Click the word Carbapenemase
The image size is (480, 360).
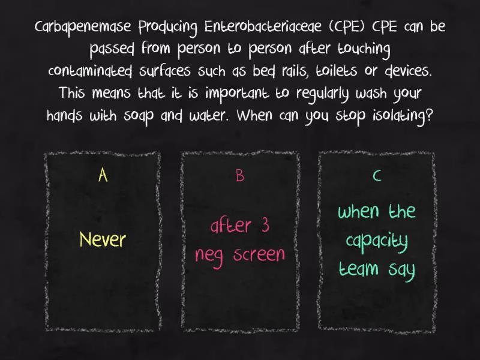click(x=83, y=28)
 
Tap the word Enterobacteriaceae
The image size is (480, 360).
click(x=263, y=26)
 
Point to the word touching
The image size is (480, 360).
click(x=364, y=50)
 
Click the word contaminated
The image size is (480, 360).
click(x=91, y=71)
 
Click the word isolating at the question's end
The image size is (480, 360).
click(x=403, y=116)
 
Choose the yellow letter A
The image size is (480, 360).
click(x=103, y=175)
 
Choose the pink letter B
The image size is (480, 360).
click(x=240, y=176)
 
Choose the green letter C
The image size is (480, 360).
click(x=377, y=176)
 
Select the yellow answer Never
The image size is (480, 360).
click(x=103, y=239)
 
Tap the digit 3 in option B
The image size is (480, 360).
click(x=265, y=225)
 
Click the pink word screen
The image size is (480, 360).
click(x=259, y=254)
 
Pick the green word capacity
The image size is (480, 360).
click(x=377, y=242)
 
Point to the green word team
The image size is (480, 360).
click(x=359, y=268)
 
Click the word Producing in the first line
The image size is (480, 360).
click(x=168, y=28)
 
